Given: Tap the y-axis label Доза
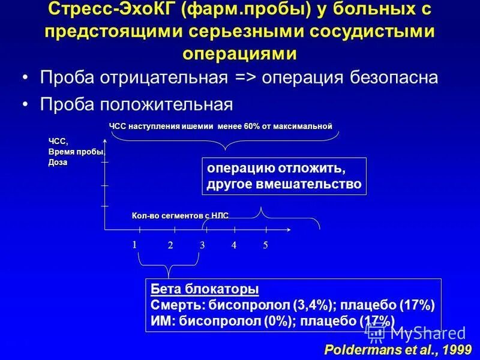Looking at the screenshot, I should click(x=58, y=163).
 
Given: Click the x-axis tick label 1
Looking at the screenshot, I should click(x=135, y=244).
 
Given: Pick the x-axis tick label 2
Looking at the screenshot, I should click(x=170, y=245).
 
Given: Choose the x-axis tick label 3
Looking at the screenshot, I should click(x=202, y=245).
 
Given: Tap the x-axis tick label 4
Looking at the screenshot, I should click(x=234, y=245).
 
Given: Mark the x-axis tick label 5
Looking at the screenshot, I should click(x=265, y=245).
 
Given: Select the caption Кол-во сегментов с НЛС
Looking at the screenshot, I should click(x=180, y=215).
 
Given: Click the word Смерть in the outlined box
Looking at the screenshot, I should click(x=172, y=304).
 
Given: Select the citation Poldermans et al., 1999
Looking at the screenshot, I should click(x=398, y=349).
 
